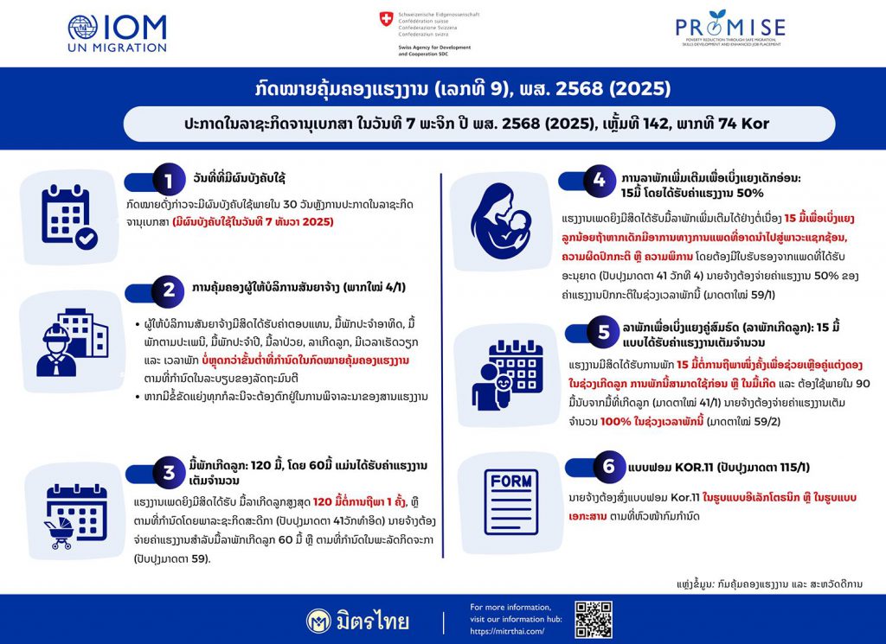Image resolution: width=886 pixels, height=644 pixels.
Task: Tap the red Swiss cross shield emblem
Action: [385, 19]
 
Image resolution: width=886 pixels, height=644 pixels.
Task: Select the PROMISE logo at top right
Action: [731, 31]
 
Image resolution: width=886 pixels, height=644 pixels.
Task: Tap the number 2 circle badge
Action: [168, 290]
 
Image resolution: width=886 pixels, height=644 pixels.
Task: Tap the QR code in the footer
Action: [594, 618]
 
